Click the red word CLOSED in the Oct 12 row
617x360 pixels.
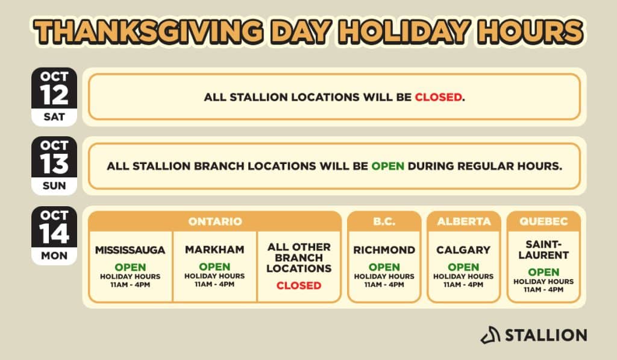439,97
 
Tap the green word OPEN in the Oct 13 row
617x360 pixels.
387,166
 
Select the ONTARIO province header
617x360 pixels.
215,221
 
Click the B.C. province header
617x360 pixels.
384,221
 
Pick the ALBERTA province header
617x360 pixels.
464,221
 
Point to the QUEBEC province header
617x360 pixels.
543,221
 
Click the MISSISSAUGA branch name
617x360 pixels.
130,250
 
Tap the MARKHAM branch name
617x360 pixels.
215,250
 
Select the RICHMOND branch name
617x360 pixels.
384,250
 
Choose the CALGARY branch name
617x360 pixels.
463,250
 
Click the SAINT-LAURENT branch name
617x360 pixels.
543,250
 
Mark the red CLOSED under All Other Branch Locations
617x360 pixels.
299,286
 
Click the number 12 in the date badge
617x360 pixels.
54,95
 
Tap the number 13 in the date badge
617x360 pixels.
54,164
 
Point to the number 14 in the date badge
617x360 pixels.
54,233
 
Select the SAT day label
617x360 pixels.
54,117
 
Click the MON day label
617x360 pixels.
54,256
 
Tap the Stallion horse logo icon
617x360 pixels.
490,335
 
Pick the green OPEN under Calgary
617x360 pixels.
463,267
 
